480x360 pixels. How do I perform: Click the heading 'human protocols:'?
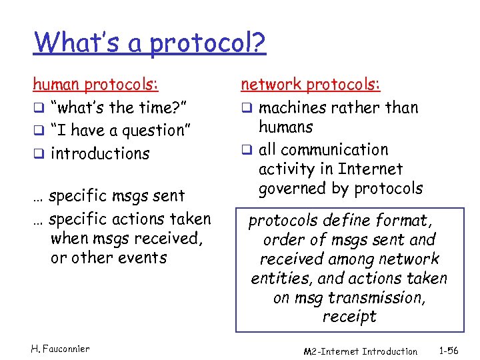96,85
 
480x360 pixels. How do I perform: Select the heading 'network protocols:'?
311,85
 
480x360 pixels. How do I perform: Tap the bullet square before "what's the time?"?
38,108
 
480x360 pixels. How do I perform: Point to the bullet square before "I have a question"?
38,131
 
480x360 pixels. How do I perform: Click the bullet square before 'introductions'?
38,153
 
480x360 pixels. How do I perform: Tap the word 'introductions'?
100,153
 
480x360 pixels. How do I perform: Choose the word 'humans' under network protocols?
285,127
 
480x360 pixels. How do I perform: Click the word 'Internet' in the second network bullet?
370,169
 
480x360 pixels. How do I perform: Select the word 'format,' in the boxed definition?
402,219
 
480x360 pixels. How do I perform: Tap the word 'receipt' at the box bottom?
349,317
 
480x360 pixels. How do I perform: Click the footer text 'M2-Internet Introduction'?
360,351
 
